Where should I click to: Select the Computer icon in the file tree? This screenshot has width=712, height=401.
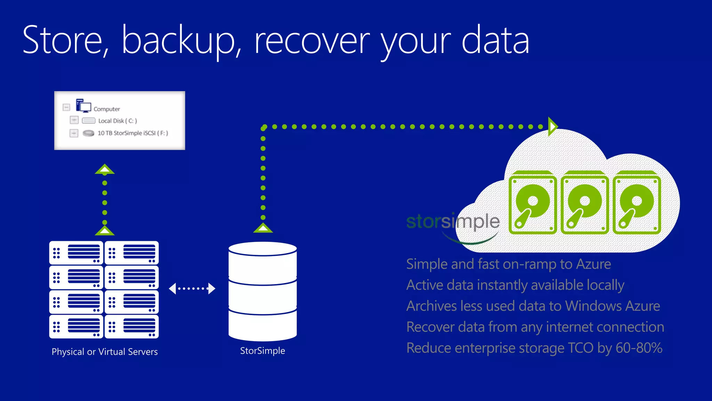pyautogui.click(x=83, y=105)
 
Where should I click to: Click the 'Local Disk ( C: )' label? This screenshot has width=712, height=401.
pyautogui.click(x=118, y=121)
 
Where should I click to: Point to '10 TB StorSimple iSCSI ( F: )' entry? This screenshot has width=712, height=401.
pyautogui.click(x=132, y=133)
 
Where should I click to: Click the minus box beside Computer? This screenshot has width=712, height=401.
pyautogui.click(x=66, y=107)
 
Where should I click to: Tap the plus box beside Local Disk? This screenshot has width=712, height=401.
pyautogui.click(x=74, y=120)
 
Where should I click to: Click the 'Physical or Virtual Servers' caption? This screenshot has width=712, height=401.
pyautogui.click(x=105, y=352)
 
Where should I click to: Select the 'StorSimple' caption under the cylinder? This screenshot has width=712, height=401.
pyautogui.click(x=262, y=351)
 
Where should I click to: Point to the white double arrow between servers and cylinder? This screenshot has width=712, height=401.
pyautogui.click(x=192, y=289)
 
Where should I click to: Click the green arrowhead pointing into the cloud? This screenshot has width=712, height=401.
pyautogui.click(x=552, y=126)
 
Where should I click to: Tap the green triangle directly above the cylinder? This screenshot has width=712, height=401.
pyautogui.click(x=263, y=228)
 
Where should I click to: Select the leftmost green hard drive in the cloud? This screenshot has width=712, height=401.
pyautogui.click(x=532, y=203)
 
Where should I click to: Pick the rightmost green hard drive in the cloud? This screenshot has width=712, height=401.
pyautogui.click(x=637, y=203)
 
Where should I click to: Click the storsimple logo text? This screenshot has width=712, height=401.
pyautogui.click(x=453, y=222)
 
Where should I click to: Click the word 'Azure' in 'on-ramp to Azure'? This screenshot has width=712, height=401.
pyautogui.click(x=593, y=264)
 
